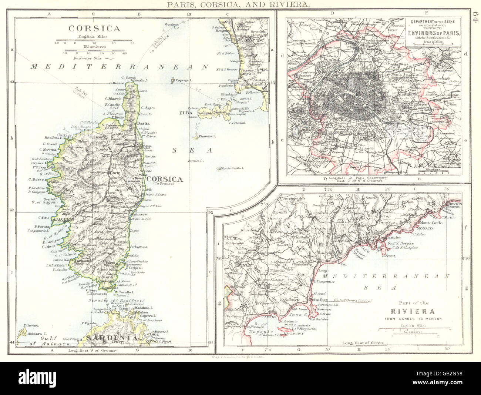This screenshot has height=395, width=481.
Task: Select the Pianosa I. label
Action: pyautogui.click(x=207, y=136)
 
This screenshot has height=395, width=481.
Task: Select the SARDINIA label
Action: pyautogui.click(x=112, y=338)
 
